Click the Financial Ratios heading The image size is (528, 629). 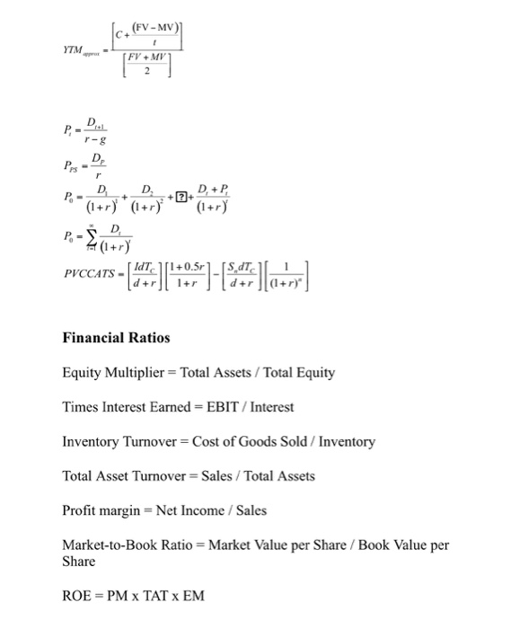116,338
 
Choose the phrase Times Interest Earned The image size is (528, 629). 120,407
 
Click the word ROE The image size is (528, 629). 77,595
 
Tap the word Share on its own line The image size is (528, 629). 78,561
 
